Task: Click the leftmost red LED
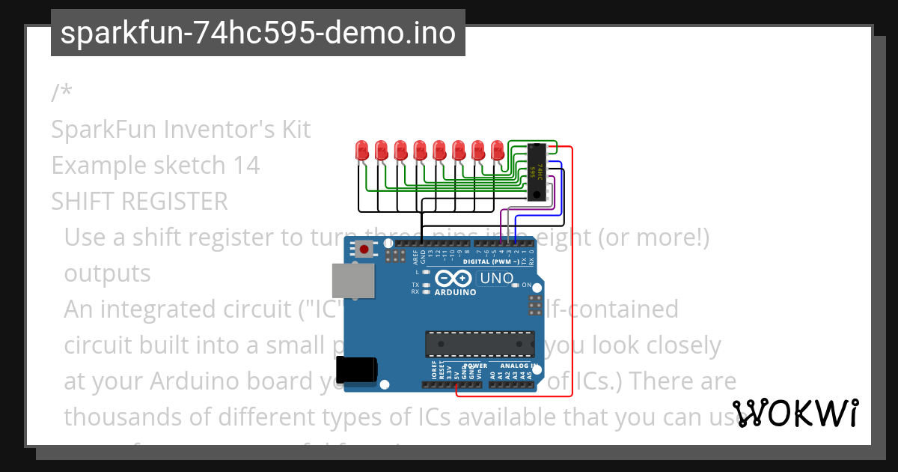(361, 150)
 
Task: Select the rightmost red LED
(498, 150)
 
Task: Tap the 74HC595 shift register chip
(536, 172)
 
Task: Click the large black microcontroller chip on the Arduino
(480, 344)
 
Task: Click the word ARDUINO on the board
(456, 293)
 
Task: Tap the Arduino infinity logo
(456, 279)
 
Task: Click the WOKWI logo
(795, 414)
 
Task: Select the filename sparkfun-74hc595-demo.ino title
(258, 33)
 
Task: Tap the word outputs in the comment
(107, 273)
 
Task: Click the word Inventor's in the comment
(208, 130)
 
